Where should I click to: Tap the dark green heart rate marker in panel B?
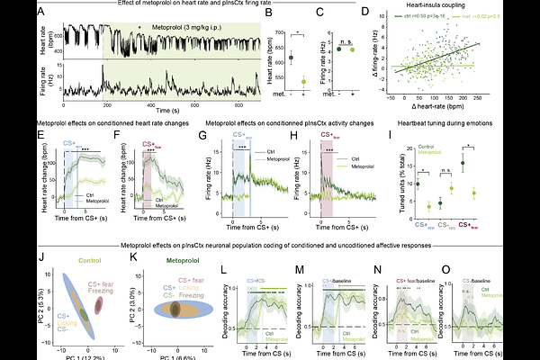tap(291, 58)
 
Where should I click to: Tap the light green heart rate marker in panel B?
tap(303, 81)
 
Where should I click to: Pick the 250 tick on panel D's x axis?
tap(514, 97)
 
